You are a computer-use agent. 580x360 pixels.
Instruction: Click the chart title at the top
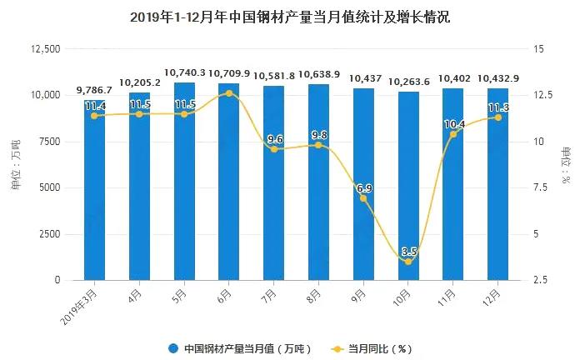(x=290, y=17)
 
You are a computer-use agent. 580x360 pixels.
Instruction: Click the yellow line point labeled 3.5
(x=408, y=262)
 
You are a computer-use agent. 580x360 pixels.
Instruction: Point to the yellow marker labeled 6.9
(x=363, y=198)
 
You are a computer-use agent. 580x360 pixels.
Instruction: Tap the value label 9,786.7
(x=94, y=89)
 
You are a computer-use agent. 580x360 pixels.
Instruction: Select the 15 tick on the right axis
(x=537, y=49)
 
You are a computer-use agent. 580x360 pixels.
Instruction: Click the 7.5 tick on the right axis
(x=540, y=188)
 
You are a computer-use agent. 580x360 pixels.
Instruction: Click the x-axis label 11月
(x=447, y=295)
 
